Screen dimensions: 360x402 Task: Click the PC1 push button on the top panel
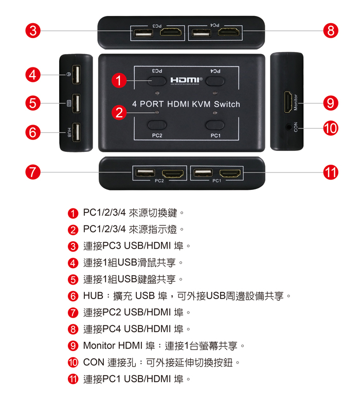215,125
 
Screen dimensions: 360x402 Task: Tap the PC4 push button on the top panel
215,81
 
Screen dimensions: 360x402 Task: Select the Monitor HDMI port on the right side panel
288,102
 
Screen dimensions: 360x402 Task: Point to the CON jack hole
289,127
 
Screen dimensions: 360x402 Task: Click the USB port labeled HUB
76,132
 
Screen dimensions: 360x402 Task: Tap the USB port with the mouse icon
76,75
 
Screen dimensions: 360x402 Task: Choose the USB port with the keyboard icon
76,103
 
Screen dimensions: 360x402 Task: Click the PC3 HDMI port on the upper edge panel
171,32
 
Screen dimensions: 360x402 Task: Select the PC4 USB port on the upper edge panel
202,33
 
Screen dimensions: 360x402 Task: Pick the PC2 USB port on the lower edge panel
145,172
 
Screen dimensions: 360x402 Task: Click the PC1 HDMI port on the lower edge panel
230,174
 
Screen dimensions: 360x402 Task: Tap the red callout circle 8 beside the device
331,30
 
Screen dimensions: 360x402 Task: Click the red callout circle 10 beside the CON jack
331,128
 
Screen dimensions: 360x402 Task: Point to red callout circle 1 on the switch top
119,80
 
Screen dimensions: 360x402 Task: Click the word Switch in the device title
227,104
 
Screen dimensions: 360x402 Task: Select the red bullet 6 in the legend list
73,296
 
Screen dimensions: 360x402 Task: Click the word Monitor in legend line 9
99,345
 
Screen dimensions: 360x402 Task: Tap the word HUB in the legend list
93,296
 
